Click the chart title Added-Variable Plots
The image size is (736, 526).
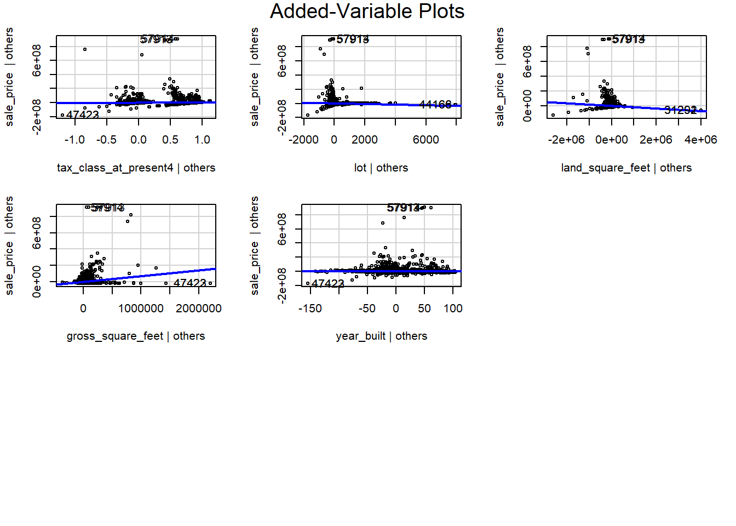367,12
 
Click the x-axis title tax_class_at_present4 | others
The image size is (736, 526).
136,168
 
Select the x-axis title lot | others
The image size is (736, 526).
381,168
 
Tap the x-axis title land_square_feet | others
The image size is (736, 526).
626,168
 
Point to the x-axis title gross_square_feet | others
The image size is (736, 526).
136,336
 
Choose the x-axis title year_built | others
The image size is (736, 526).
381,336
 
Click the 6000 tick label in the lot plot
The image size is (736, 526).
426,140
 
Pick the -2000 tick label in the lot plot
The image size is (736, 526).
304,140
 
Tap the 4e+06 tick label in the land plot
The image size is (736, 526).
700,140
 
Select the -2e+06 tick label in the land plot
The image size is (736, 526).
566,140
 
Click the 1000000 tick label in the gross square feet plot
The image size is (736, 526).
141,308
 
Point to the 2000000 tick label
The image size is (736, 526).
198,308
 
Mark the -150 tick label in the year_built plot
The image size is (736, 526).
310,308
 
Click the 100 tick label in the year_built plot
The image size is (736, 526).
453,308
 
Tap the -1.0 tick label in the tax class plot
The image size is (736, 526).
74,140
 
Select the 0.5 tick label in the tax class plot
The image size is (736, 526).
170,140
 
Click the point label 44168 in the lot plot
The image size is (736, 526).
435,104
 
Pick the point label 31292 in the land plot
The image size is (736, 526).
680,110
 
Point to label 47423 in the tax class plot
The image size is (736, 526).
83,115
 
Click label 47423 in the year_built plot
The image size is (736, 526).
327,283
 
